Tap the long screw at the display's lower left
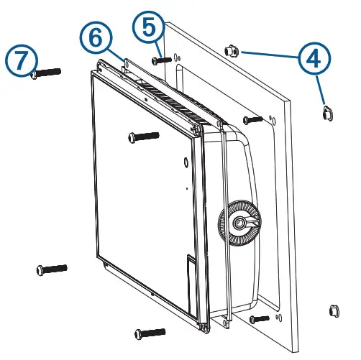coord(50,269)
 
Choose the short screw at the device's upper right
coord(253,119)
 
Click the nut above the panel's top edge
coord(231,50)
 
